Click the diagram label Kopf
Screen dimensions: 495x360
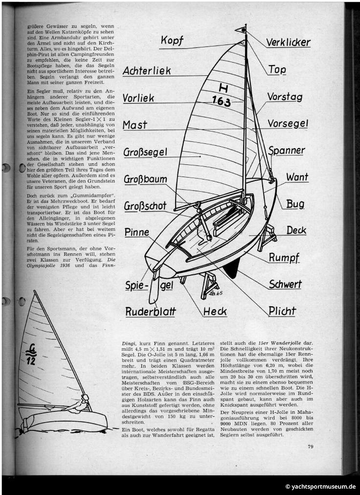pos(172,41)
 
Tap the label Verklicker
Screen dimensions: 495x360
pos(288,43)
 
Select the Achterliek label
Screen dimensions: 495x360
pos(147,71)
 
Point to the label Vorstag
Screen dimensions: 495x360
pos(285,97)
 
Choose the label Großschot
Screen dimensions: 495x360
pos(145,205)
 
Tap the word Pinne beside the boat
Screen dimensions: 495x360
pos(136,232)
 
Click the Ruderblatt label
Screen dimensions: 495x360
pos(150,312)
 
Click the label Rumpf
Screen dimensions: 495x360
pos(284,258)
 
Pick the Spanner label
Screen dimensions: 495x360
pos(287,151)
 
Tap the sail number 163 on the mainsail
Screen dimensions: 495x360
pos(221,102)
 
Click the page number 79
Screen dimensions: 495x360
pos(311,446)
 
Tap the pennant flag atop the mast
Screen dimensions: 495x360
pos(241,29)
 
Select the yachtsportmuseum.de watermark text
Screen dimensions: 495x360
pos(321,487)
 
